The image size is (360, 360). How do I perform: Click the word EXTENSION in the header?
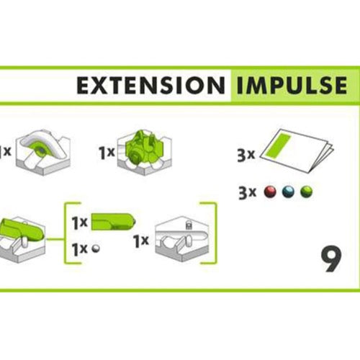point(151,86)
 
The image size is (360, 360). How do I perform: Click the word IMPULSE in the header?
point(292,86)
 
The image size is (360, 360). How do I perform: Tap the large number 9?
point(331,258)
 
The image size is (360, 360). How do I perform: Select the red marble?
point(270,192)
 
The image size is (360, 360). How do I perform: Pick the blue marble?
point(288,192)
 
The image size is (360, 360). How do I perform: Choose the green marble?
point(307,192)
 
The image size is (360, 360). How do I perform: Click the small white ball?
point(96,248)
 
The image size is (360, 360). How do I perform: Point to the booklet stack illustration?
point(297,150)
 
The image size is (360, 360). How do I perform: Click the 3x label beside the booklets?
point(246,155)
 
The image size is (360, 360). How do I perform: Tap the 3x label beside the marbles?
point(247,193)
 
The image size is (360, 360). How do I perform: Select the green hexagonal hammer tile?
point(145,153)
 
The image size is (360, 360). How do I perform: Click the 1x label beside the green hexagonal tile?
point(107,153)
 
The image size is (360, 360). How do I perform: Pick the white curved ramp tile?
point(43,153)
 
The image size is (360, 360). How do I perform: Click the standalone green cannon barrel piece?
point(113,221)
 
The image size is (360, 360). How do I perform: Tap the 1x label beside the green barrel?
point(80,222)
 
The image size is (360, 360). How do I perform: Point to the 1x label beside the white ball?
point(80,249)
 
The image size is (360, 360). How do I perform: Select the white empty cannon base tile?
point(182,239)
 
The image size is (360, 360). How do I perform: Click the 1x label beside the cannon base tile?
point(141,240)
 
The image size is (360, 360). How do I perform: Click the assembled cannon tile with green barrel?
point(22,239)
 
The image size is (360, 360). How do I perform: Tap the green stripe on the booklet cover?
point(280,146)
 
